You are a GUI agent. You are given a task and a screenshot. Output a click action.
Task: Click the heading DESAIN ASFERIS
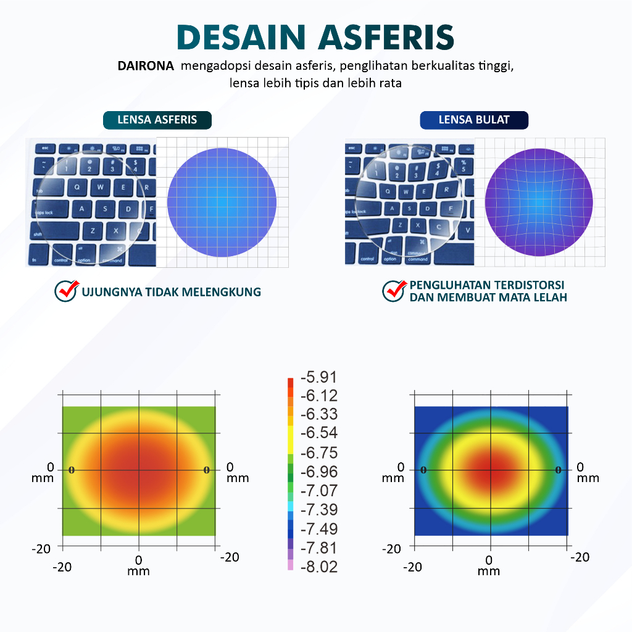pos(315,37)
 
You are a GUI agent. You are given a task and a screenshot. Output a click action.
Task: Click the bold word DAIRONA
pos(146,66)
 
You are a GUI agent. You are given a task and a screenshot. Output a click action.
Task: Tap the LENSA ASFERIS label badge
pos(157,120)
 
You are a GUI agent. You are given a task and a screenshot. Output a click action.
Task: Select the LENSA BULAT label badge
pos(474,120)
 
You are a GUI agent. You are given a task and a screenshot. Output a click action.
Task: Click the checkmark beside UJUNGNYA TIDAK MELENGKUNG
pos(66,291)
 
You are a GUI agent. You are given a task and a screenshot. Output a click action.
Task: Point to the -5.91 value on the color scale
pos(318,377)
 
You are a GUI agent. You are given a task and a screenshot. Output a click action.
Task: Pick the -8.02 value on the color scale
pos(318,567)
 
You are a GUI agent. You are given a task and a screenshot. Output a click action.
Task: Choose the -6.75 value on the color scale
pos(318,453)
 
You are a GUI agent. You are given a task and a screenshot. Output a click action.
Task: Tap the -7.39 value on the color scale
pos(318,510)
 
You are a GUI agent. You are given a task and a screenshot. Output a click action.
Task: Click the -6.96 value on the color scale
pos(318,472)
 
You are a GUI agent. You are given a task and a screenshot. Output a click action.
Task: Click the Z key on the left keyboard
pos(92,231)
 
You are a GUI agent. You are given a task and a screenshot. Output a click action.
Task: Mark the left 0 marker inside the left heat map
pos(72,470)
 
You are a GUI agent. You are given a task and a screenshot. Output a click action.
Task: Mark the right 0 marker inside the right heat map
pos(559,470)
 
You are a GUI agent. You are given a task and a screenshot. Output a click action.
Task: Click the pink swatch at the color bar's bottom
pos(291,566)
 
